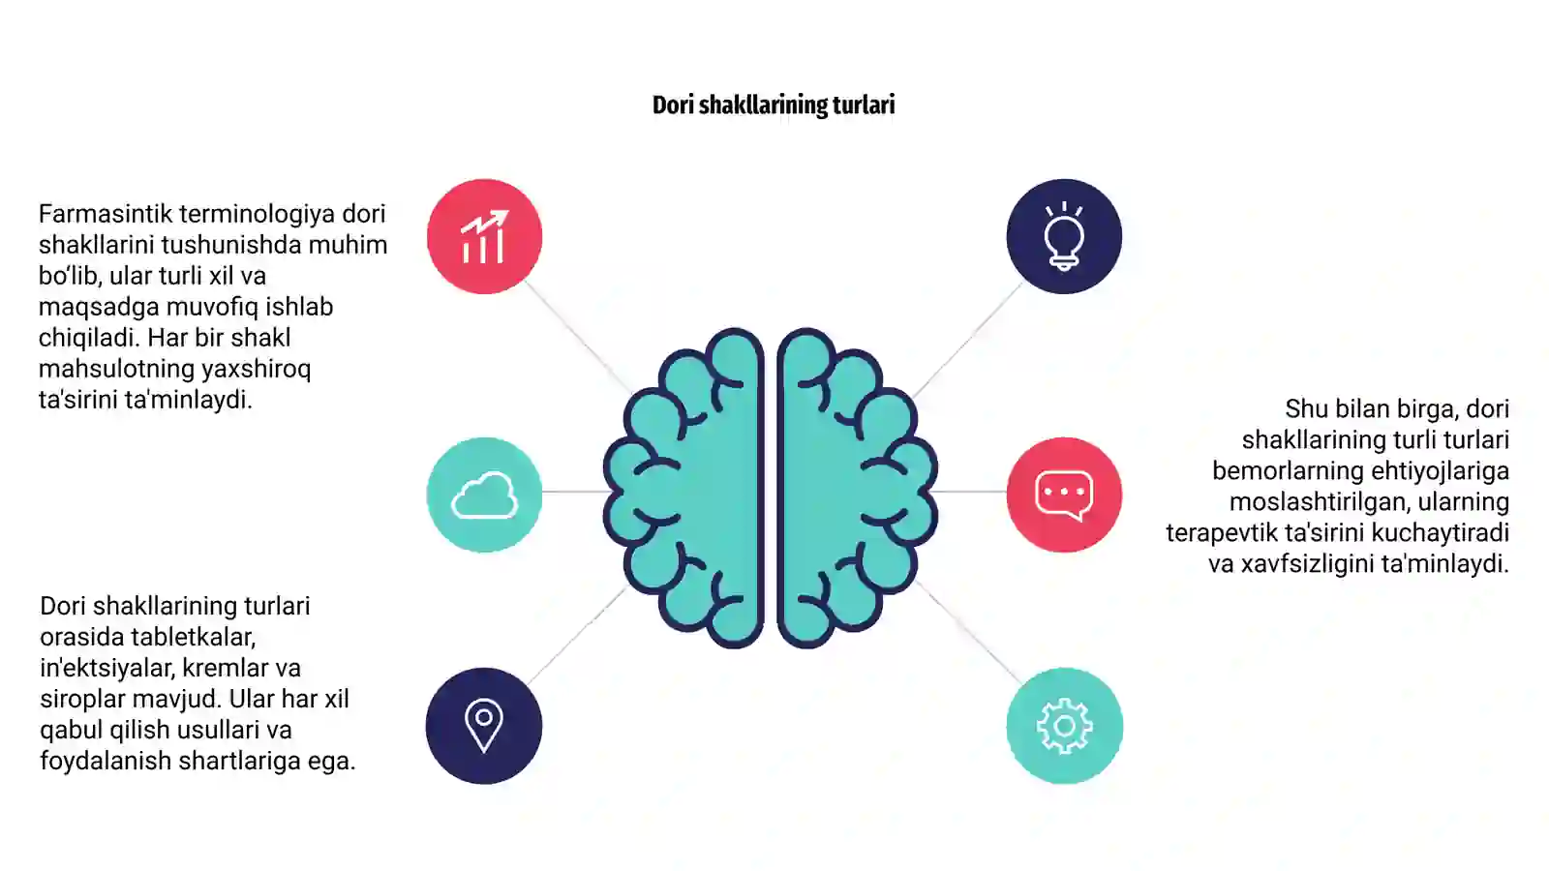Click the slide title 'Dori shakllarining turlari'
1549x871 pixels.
(x=774, y=105)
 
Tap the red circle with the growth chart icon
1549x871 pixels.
(x=484, y=236)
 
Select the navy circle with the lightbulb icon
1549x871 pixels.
(x=1064, y=236)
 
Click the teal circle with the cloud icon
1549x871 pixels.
(x=484, y=495)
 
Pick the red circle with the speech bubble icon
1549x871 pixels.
(x=1064, y=495)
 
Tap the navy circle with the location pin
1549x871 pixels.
(x=484, y=726)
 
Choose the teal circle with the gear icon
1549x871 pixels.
(x=1064, y=726)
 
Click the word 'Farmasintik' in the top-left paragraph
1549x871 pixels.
(x=106, y=214)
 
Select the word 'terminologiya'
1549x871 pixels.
(x=258, y=215)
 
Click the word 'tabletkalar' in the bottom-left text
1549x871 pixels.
(x=191, y=638)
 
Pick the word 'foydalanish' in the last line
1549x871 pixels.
(x=106, y=761)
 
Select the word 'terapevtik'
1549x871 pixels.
(x=1222, y=533)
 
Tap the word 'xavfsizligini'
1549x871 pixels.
(x=1308, y=565)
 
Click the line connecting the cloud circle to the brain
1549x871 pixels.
(x=574, y=492)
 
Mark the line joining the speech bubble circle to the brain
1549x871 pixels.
(x=969, y=492)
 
